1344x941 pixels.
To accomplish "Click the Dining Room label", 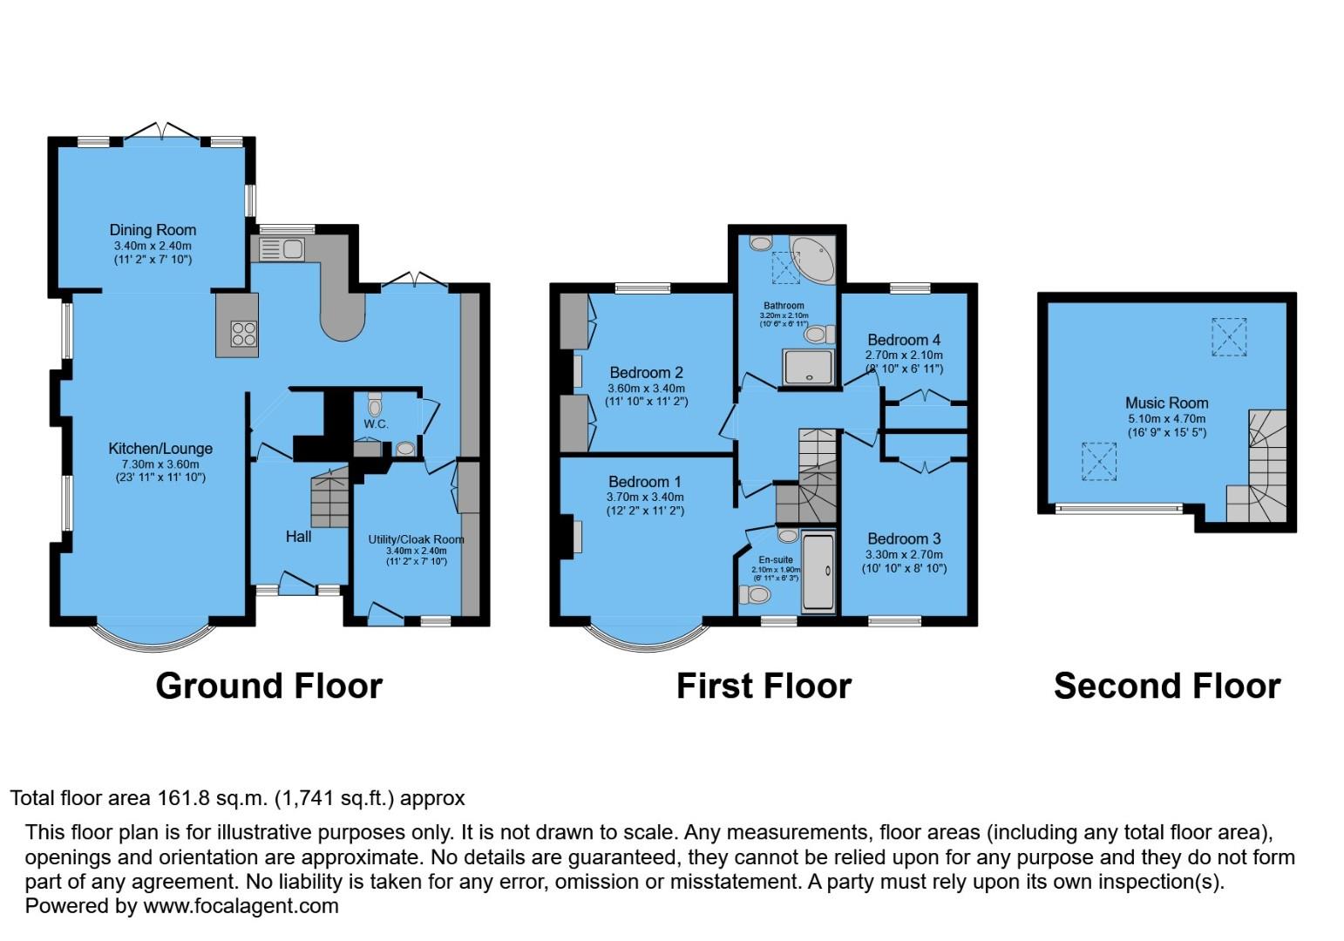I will pos(153,230).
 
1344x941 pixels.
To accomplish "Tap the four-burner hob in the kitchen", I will pos(244,334).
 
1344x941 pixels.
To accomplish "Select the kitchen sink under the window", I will pos(281,249).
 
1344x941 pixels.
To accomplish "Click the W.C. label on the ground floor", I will pos(376,424).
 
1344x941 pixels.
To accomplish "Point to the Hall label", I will pos(298,537).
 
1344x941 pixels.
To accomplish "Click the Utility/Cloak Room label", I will pos(416,539).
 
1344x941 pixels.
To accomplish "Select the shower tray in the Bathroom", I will pos(808,367).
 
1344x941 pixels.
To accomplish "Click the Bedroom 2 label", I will pos(646,373).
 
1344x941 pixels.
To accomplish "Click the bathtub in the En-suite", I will pos(818,572).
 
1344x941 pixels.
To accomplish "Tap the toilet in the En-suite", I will pos(755,595).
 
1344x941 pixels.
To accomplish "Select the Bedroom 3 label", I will pos(904,538).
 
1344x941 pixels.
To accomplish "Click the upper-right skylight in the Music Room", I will pos(1229,336).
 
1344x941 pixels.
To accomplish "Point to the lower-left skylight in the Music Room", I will pos(1099,462).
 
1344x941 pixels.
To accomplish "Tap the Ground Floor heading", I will pos(268,687).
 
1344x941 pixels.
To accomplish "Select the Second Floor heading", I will pos(1166,687).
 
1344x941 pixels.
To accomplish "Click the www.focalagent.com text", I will pos(241,906).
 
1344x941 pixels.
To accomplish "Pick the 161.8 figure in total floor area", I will pos(181,798).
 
